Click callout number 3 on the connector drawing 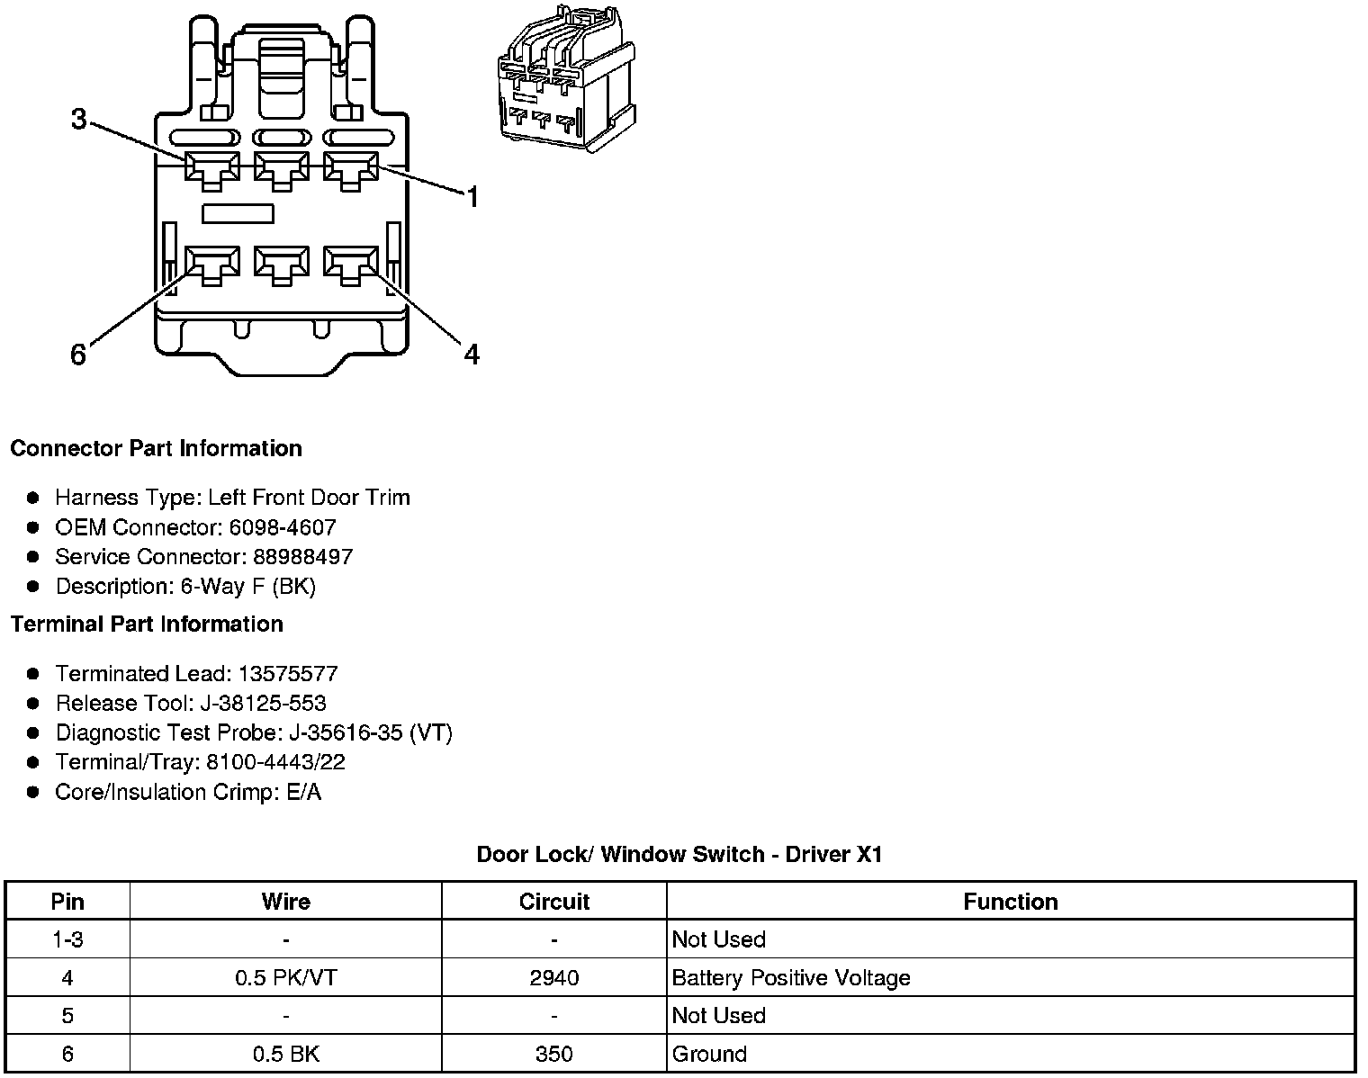[x=79, y=118]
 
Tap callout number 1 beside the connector [x=472, y=197]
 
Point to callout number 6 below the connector [x=78, y=355]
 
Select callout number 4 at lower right [x=472, y=355]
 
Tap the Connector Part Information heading [x=156, y=448]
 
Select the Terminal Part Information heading [x=147, y=624]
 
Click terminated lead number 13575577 [x=287, y=674]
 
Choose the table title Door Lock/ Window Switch [x=679, y=854]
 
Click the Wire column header [x=285, y=902]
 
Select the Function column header [x=1010, y=902]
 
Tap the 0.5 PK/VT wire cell [x=285, y=978]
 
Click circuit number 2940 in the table [x=553, y=978]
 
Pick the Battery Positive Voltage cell [x=791, y=978]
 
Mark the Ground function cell [x=709, y=1054]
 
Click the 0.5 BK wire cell [x=285, y=1054]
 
